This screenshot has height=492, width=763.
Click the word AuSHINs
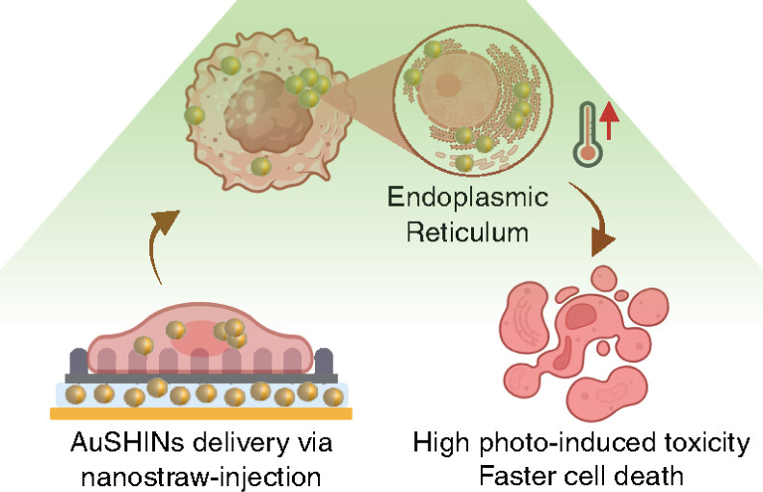click(x=113, y=445)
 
